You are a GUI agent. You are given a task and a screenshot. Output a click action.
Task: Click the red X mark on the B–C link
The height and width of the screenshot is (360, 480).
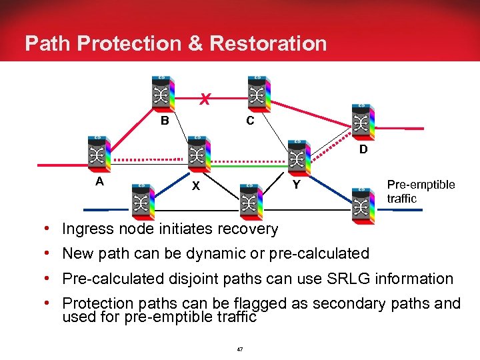tap(207, 101)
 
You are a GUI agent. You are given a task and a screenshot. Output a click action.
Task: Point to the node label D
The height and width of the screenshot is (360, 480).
tap(363, 149)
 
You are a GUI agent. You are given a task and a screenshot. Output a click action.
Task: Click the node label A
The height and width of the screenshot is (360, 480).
tap(99, 180)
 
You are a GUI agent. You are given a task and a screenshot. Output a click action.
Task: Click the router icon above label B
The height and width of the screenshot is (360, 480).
tap(162, 92)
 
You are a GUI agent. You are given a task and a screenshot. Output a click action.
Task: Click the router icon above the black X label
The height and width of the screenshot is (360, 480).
tap(196, 153)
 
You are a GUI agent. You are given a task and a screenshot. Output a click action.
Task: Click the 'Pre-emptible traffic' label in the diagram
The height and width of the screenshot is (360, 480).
tap(421, 191)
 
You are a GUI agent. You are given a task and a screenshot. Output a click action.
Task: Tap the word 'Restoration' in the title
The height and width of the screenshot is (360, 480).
tap(268, 44)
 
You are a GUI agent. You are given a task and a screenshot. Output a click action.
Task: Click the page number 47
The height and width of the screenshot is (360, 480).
tap(240, 348)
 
